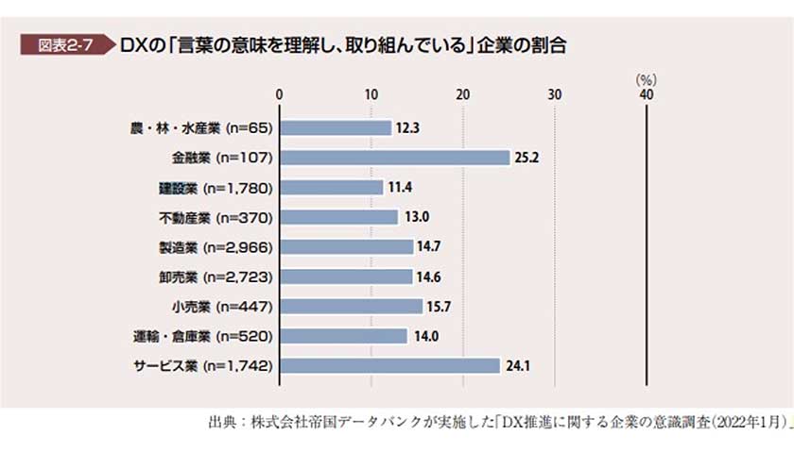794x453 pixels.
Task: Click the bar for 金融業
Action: tap(394, 158)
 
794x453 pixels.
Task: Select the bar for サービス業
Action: tap(388, 365)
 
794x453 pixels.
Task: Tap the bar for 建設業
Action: tap(331, 187)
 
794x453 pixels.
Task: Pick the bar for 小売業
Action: tap(351, 306)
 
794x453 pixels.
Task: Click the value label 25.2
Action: tap(526, 158)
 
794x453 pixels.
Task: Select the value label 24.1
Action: tap(516, 365)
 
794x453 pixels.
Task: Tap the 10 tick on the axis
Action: tap(371, 94)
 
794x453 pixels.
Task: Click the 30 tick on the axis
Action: tap(555, 94)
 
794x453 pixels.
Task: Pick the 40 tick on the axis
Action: tap(647, 94)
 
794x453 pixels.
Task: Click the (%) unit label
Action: tap(647, 80)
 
